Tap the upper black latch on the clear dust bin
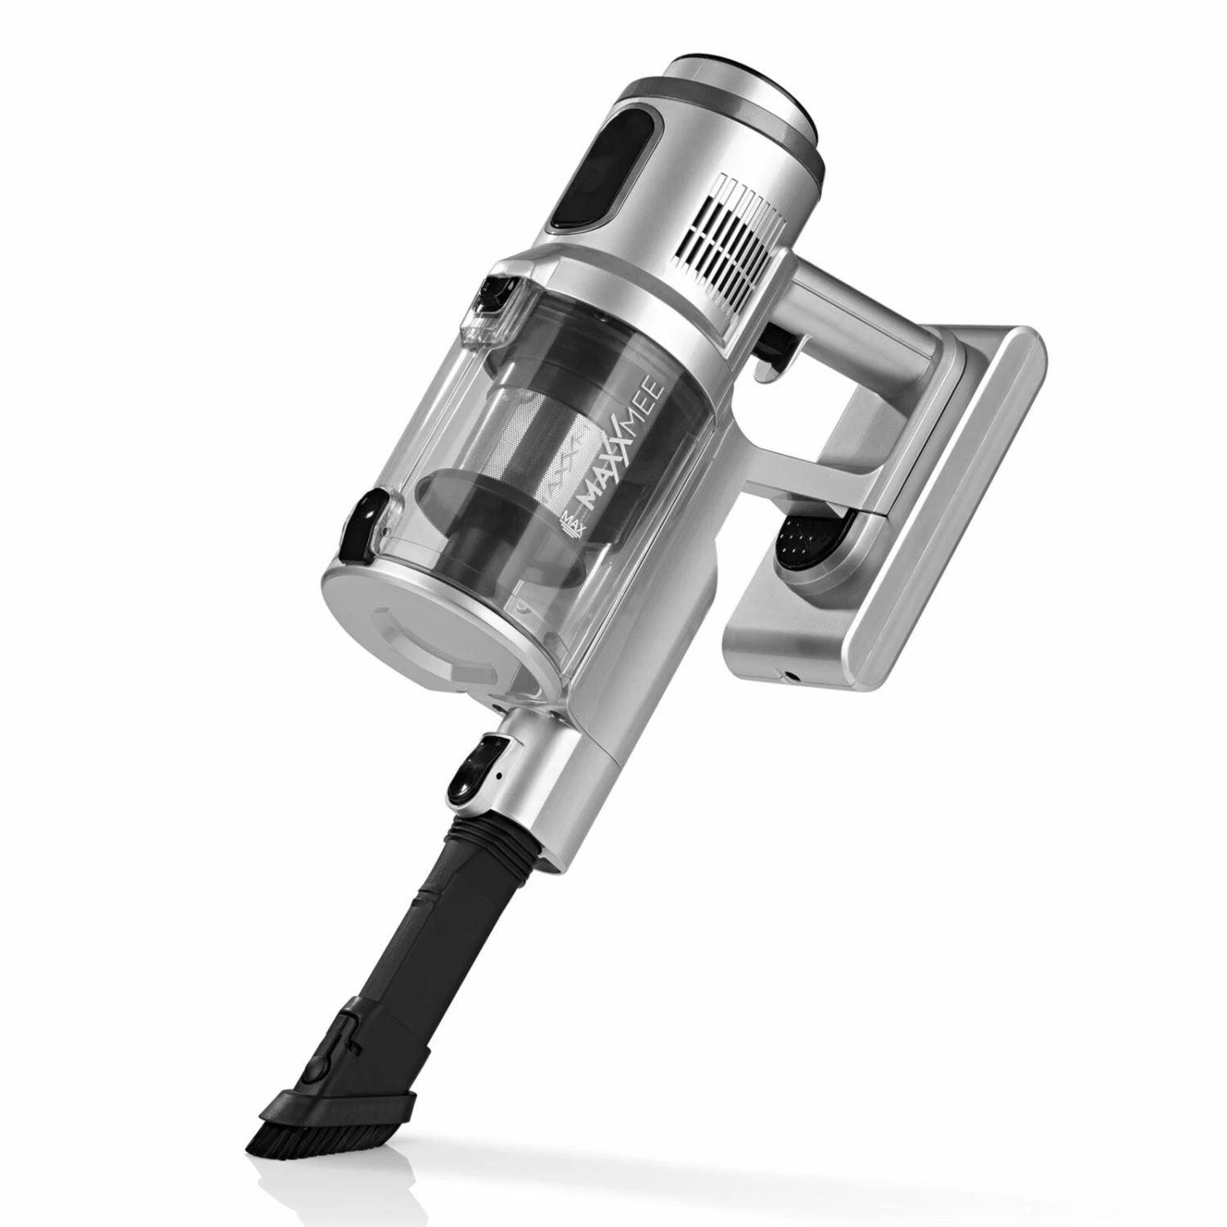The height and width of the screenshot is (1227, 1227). (496, 307)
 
